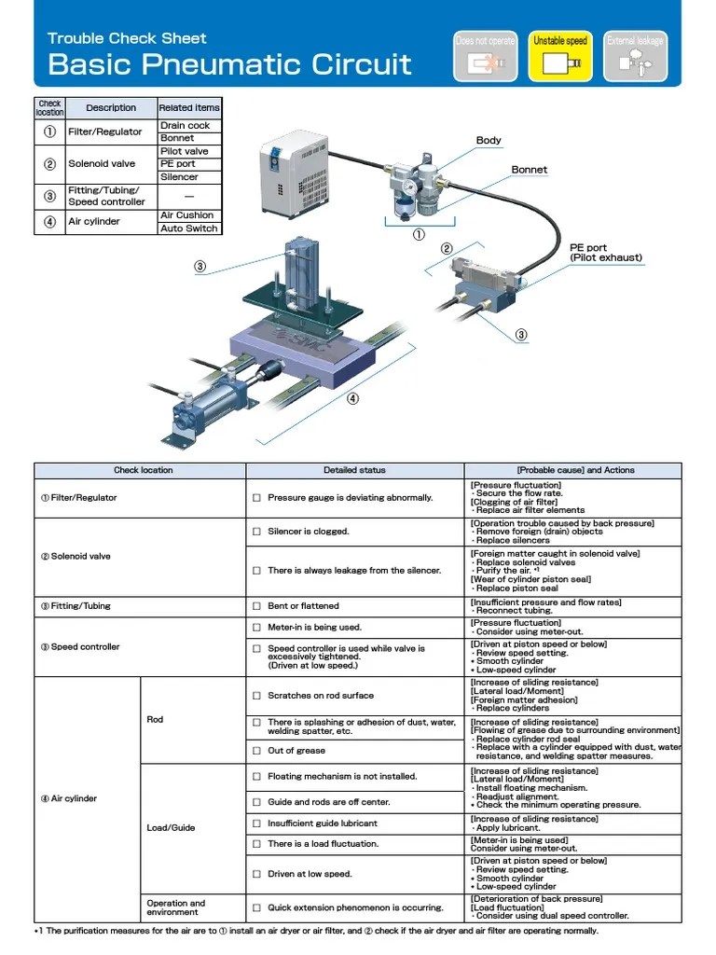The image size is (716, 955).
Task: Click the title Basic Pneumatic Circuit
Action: [x=229, y=64]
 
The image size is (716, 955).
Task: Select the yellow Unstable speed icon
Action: [x=559, y=56]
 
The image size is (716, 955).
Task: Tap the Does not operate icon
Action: [x=485, y=56]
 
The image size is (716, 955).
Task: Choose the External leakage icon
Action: [x=635, y=56]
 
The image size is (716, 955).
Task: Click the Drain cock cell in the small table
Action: [x=186, y=125]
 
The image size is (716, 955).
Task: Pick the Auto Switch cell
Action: [x=189, y=228]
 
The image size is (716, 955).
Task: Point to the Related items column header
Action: [x=189, y=107]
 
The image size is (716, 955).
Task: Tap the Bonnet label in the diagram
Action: [x=529, y=170]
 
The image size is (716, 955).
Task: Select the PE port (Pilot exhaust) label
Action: [x=606, y=253]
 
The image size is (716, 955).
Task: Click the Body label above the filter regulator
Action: [x=489, y=141]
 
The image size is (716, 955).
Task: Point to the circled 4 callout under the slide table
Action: [x=352, y=398]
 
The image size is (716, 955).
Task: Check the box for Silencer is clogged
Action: [x=256, y=532]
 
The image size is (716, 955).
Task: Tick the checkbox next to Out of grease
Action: [x=256, y=751]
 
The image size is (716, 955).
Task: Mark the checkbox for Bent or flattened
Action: [x=256, y=606]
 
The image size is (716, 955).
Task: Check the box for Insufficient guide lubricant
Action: [x=256, y=824]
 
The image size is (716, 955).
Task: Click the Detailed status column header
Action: [x=354, y=470]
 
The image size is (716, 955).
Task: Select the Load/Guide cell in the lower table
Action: [x=171, y=828]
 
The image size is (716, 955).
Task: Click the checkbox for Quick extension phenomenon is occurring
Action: [x=256, y=907]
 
